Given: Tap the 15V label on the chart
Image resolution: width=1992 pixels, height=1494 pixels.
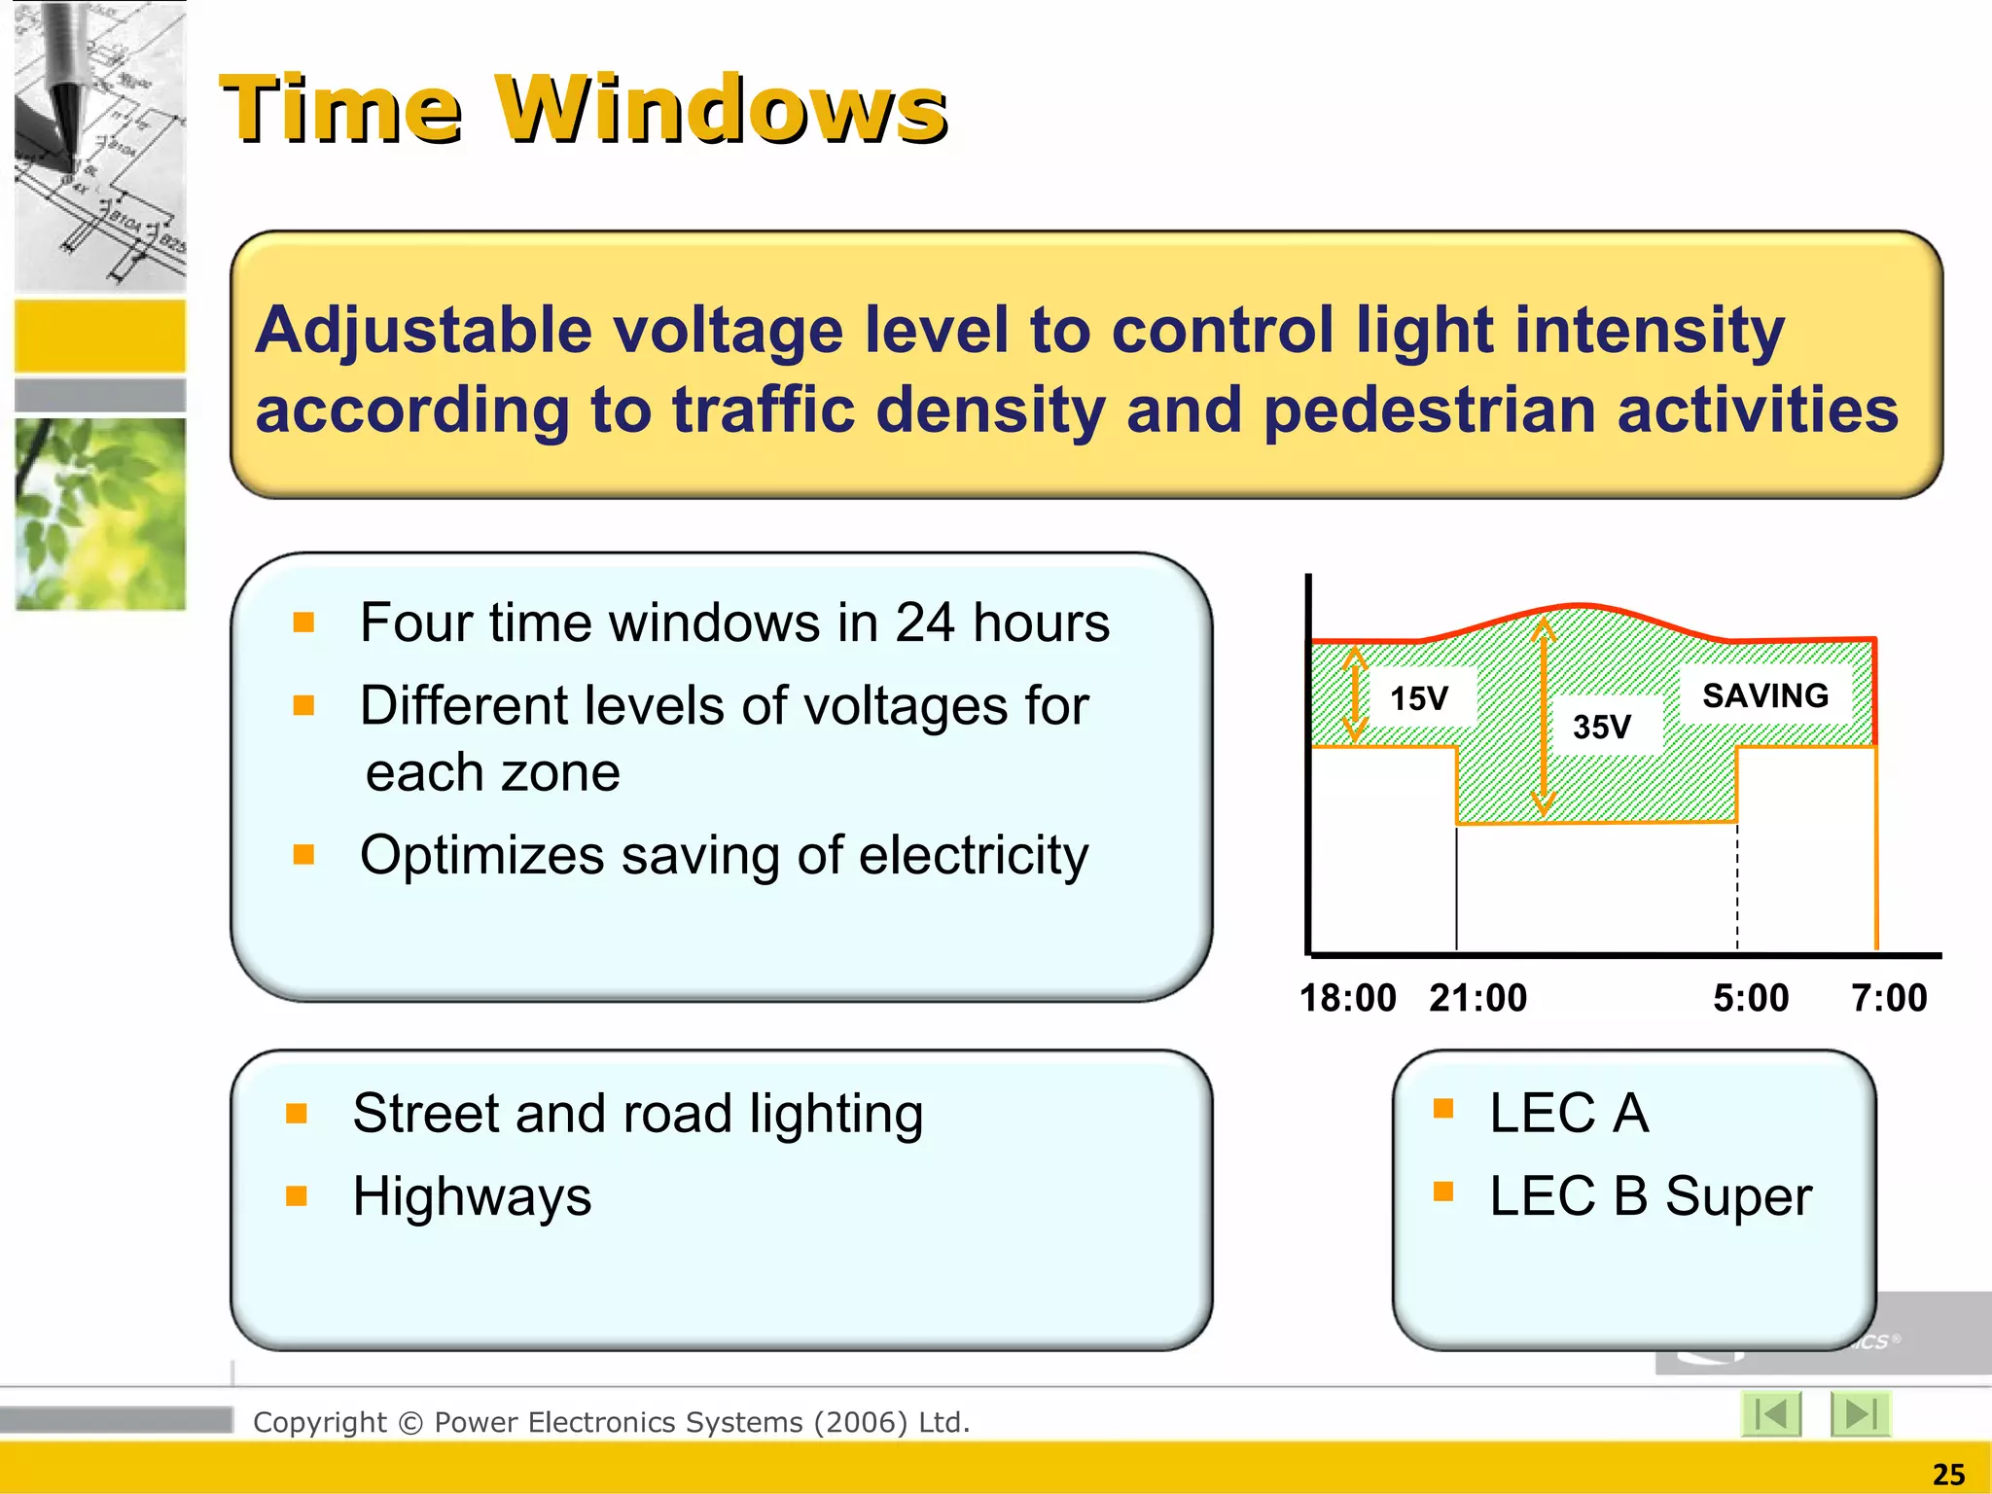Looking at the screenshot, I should pyautogui.click(x=1418, y=698).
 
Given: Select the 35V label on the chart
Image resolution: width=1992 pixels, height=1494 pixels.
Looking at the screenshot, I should pyautogui.click(x=1601, y=727).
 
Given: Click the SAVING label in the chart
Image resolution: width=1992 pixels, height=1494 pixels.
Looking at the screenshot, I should pyautogui.click(x=1764, y=695).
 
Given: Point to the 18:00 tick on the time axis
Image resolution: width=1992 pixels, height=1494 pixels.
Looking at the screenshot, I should pyautogui.click(x=1347, y=998).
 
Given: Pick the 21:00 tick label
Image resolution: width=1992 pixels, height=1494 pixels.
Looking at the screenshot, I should pyautogui.click(x=1477, y=998).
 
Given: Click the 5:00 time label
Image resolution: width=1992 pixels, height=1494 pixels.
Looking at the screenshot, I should pyautogui.click(x=1750, y=998).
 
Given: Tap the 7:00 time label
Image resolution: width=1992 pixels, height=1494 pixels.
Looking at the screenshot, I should pyautogui.click(x=1888, y=998).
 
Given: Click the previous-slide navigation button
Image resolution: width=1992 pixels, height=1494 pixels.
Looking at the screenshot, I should pyautogui.click(x=1771, y=1414).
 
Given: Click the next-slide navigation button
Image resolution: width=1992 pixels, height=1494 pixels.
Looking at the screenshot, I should pyautogui.click(x=1859, y=1414).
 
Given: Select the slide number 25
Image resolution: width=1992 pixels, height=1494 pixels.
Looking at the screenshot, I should pyautogui.click(x=1948, y=1475).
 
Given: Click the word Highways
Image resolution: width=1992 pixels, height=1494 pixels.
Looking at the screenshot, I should pyautogui.click(x=472, y=1196).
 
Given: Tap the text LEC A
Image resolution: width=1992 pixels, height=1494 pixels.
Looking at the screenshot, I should pyautogui.click(x=1568, y=1113).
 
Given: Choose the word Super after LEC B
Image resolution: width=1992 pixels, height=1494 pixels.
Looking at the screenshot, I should pyautogui.click(x=1738, y=1196).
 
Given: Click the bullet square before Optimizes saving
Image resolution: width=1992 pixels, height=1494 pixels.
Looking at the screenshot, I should pyautogui.click(x=303, y=855).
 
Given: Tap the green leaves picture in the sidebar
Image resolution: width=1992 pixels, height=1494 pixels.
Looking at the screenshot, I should pyautogui.click(x=100, y=514).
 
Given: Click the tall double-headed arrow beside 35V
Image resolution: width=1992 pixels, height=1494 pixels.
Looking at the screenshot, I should pyautogui.click(x=1544, y=718).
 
